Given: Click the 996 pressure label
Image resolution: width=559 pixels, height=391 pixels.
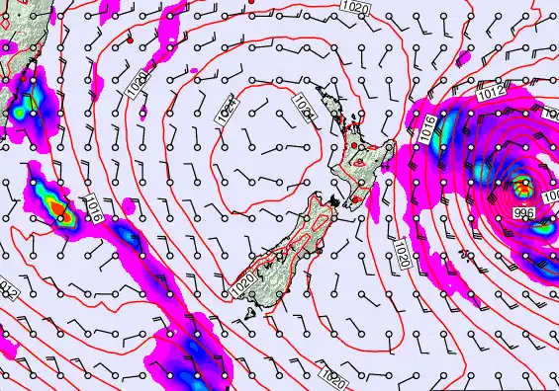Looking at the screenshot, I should [x=524, y=212].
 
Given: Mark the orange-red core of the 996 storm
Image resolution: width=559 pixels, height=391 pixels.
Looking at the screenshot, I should [x=522, y=183].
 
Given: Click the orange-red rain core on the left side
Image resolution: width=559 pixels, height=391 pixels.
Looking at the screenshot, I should [x=61, y=210].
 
